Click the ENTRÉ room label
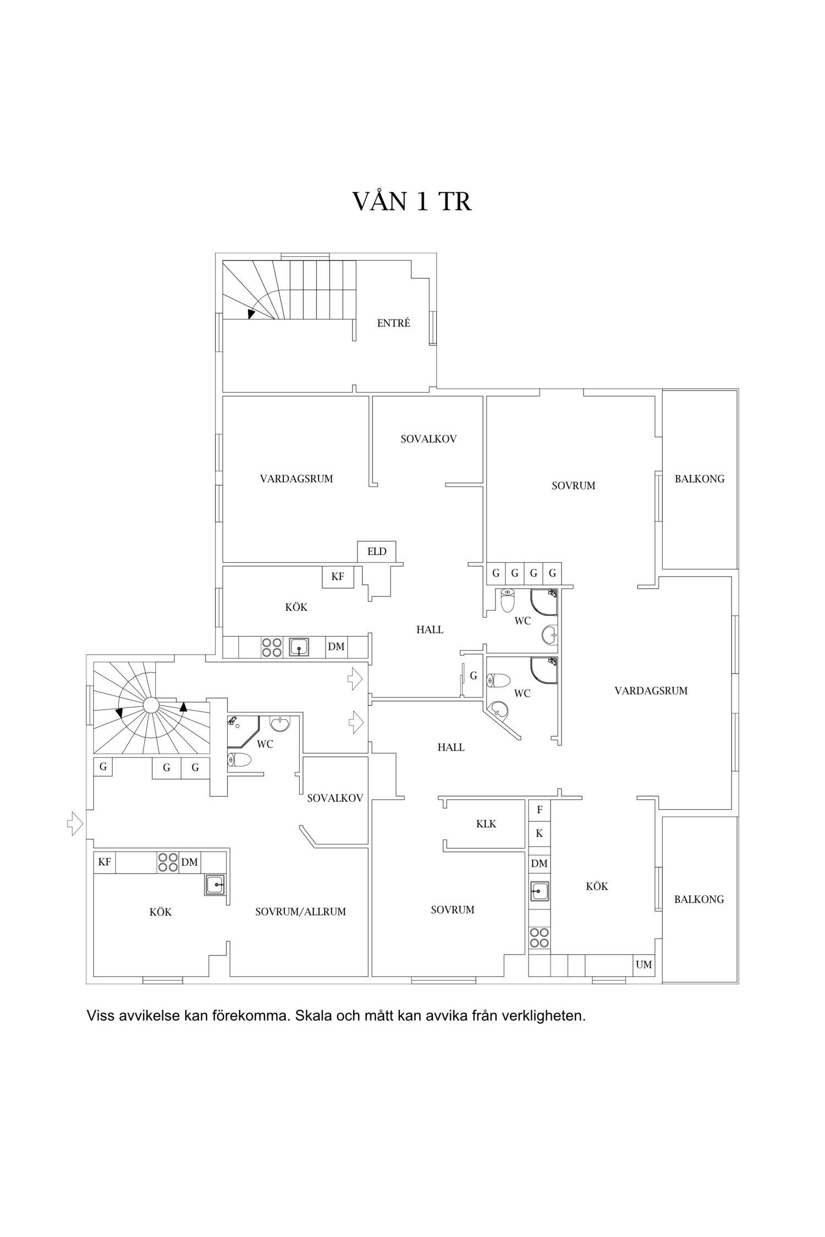coord(393,323)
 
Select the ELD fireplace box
coord(377,551)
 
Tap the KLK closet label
coord(486,824)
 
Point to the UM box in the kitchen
coord(644,964)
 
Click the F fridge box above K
coord(540,809)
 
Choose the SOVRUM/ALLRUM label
coord(300,912)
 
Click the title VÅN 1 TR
coord(412,202)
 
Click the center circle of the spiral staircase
coord(150,705)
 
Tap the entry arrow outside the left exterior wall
coord(75,824)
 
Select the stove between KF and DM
coord(167,862)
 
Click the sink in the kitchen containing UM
coord(540,890)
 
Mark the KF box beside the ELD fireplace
coord(338,577)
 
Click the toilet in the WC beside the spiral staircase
coord(239,760)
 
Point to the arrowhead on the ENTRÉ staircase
coord(251,314)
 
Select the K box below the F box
coord(540,833)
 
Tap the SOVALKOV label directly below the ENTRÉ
coord(428,439)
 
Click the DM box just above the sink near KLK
coord(540,864)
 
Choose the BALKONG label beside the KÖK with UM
coord(699,899)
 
